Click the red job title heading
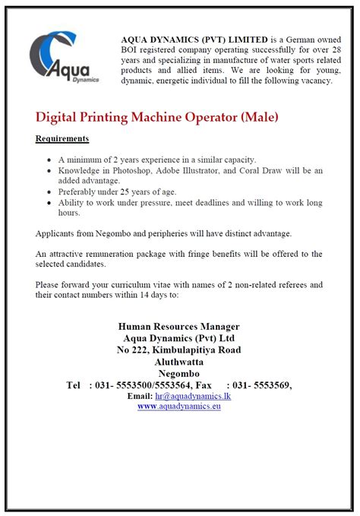coord(157,118)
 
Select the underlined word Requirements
coord(62,138)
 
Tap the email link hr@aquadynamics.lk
coord(191,396)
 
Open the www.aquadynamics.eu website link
coord(179,407)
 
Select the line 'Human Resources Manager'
coord(179,328)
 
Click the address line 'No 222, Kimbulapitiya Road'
coord(179,350)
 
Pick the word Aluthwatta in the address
coord(179,362)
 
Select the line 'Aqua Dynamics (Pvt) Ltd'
coord(179,339)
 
